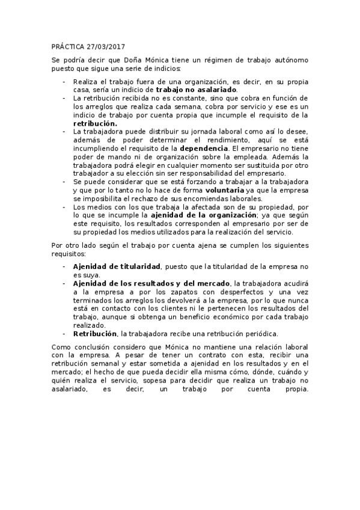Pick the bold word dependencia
228,147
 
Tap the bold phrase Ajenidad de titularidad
117,265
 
